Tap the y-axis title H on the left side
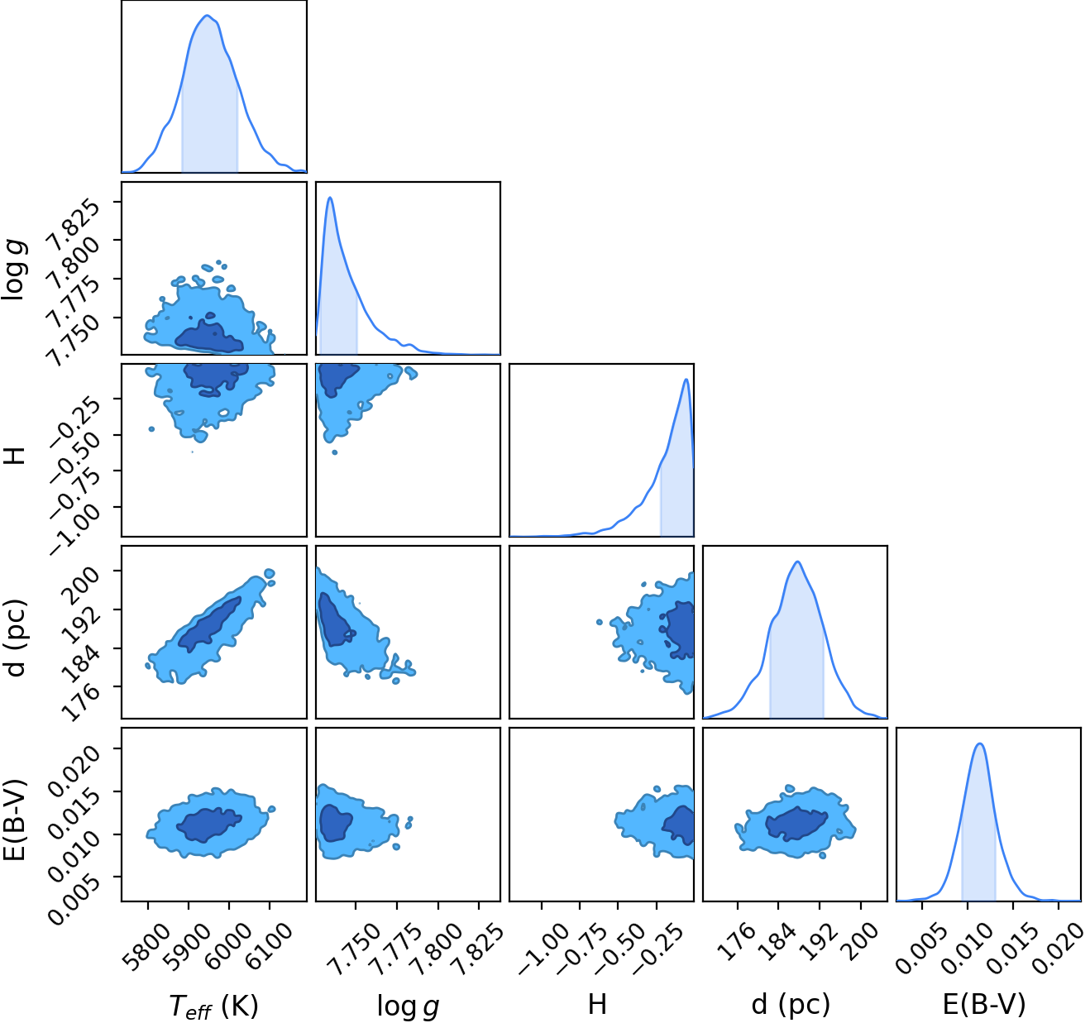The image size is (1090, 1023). pos(15,455)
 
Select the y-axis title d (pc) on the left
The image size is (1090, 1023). pos(15,638)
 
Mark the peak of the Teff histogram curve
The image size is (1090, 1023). pos(208,16)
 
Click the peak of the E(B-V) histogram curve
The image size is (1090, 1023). pos(980,744)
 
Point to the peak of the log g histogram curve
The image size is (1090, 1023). pos(331,197)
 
